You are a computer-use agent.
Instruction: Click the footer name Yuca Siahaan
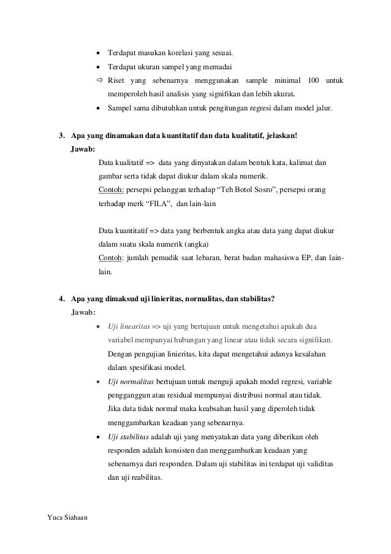(67, 518)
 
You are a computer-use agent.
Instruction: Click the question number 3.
(61, 136)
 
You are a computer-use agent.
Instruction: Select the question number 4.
(61, 299)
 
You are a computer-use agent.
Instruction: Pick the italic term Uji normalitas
(130, 381)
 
